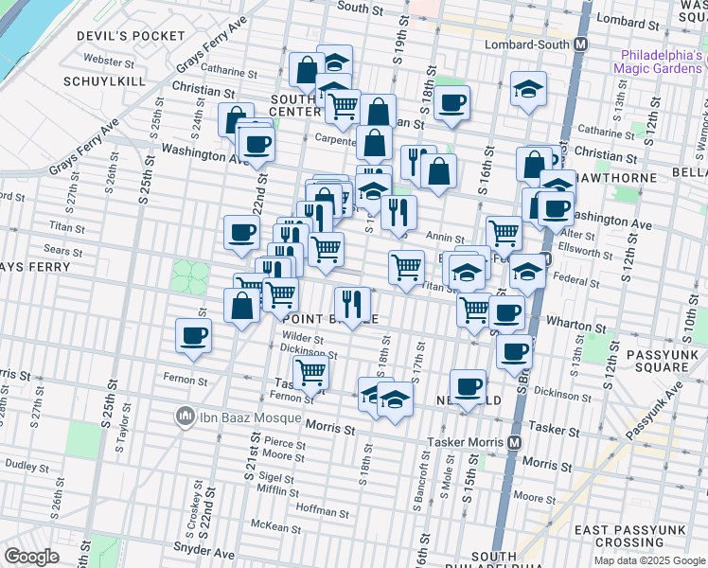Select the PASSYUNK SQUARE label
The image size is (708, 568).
tap(661, 361)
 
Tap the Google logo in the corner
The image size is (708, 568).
tap(31, 557)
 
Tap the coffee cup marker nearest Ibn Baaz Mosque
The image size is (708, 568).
tap(194, 335)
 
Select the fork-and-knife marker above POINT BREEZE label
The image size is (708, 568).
tap(351, 303)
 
